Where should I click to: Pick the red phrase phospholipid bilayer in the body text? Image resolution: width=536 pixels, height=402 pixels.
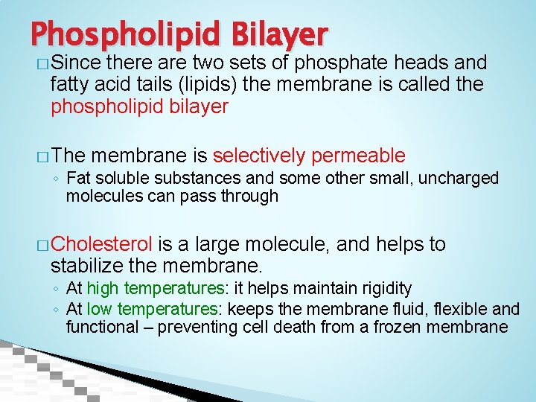(139, 106)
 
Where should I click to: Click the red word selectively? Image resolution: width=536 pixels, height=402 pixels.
(258, 156)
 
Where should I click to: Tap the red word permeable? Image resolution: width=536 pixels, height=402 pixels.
(359, 156)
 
